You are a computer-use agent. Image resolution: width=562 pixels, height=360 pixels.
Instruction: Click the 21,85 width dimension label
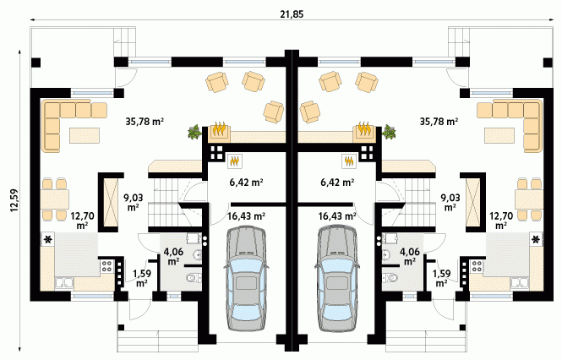click(x=291, y=14)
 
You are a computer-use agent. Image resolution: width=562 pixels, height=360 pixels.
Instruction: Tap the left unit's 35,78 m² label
click(x=145, y=122)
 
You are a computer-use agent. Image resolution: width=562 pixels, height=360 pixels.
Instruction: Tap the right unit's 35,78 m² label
click(x=439, y=122)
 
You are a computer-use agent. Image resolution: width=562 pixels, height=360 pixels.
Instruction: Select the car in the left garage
click(x=247, y=279)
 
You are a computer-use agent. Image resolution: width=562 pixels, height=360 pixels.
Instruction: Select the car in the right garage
click(x=337, y=279)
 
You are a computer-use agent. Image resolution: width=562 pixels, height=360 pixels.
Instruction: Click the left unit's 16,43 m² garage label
click(x=246, y=216)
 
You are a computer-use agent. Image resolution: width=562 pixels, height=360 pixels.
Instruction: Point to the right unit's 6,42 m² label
click(x=337, y=183)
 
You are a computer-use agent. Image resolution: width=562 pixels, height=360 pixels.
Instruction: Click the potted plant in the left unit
click(x=194, y=132)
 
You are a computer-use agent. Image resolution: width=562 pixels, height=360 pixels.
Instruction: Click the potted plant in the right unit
click(x=390, y=132)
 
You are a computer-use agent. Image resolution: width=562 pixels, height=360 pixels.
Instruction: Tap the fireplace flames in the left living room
click(x=219, y=129)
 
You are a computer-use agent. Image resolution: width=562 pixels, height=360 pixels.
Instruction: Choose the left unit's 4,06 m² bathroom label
click(x=173, y=257)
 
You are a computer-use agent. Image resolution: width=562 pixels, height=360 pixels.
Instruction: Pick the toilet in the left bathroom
click(x=193, y=277)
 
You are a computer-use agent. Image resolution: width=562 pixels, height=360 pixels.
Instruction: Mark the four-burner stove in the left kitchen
click(x=106, y=265)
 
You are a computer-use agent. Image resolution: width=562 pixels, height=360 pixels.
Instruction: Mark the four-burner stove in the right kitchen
click(x=477, y=265)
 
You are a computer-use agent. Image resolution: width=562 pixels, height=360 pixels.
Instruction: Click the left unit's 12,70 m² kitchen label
click(x=82, y=221)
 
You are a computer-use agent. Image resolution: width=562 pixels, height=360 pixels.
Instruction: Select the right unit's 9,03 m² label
click(x=450, y=202)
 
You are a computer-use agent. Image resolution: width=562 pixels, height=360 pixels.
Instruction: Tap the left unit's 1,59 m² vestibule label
click(x=142, y=278)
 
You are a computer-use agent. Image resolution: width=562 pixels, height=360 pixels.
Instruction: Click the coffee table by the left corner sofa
click(x=85, y=135)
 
